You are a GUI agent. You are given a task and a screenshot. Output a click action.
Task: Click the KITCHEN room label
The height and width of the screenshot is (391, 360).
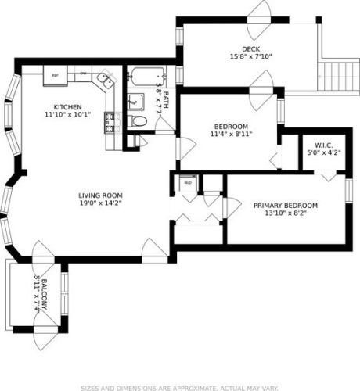pos(67,107)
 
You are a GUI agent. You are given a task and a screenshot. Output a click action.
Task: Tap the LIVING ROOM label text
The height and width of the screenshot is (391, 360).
pos(101,195)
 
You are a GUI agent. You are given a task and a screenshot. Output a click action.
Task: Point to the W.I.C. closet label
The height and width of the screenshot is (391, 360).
pos(324,146)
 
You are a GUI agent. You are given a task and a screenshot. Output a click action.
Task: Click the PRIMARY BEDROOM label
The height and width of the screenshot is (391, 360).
pos(285,206)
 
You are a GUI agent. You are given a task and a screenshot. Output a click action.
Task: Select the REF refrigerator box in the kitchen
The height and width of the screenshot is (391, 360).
pos(55,76)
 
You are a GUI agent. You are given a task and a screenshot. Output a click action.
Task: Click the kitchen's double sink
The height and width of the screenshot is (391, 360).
pos(103,81)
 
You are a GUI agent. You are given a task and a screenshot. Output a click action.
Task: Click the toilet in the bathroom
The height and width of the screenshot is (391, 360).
pos(139,121)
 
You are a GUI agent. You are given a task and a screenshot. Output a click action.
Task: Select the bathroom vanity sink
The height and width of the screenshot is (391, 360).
pos(135,100)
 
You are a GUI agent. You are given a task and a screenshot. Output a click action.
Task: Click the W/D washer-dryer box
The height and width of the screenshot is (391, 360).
pos(188,183)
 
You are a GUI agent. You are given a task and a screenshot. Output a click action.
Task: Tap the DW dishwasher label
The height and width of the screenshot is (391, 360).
pos(82,75)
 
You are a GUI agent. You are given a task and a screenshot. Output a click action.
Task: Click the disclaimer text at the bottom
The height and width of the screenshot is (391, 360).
pos(179,386)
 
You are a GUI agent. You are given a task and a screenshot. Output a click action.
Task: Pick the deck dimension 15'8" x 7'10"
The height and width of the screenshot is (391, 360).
pos(250,56)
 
